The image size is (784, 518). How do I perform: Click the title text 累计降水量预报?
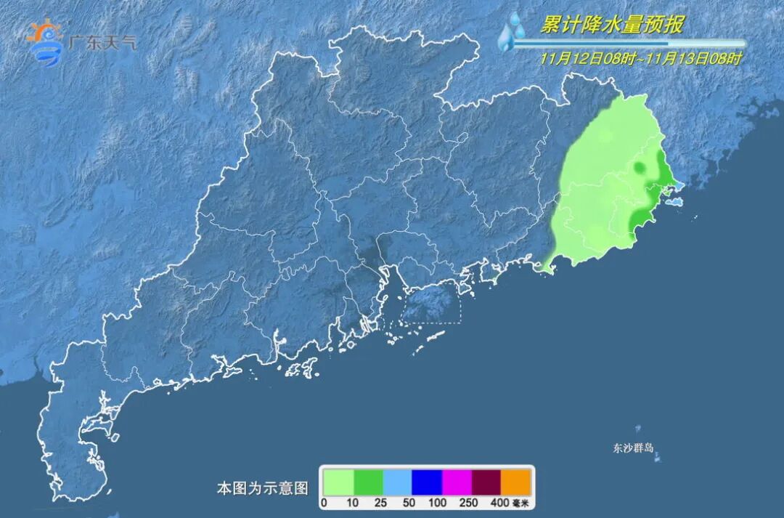pos(611,25)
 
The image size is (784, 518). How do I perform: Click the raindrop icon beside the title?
pos(511,33)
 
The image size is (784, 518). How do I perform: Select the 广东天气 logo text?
pos(101,41)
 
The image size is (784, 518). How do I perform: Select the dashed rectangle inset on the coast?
pos(431,304)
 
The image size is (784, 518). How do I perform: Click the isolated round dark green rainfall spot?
pos(640,169)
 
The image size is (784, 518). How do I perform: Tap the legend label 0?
pos(324,502)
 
